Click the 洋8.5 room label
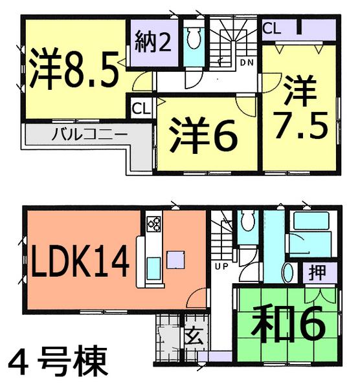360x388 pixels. pos(74,69)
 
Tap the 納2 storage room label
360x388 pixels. pos(153,45)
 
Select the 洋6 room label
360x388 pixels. pos(203,133)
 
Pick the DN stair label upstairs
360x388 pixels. pos(246,63)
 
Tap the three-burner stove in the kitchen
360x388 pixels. pos(154,224)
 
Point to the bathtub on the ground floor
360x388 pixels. pos(309,227)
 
